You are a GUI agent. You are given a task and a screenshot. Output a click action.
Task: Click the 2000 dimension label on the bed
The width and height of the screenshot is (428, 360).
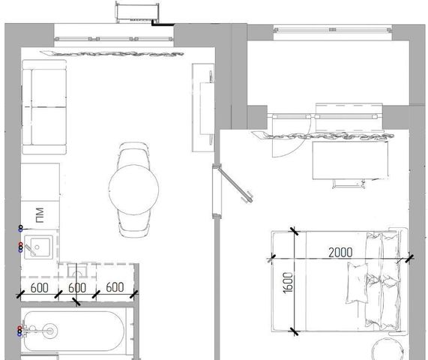pos(340,253)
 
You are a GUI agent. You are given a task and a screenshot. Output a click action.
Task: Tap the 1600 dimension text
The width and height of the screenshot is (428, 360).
pos(289,283)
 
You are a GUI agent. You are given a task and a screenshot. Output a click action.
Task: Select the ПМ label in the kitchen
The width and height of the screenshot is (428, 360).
pos(40,215)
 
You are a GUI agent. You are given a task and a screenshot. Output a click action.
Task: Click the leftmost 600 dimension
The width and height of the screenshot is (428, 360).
pos(39,288)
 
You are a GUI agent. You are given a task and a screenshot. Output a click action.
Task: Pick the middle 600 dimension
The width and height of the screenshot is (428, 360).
pos(77,288)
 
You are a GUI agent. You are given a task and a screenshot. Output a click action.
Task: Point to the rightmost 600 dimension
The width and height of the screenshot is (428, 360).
pos(115,287)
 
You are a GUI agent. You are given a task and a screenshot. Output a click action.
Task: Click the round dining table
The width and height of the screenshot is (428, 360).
pos(133,190)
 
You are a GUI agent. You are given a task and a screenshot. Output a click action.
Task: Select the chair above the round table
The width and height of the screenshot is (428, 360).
pos(133,154)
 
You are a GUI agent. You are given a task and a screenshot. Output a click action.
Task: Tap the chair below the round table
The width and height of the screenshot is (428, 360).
pos(134,224)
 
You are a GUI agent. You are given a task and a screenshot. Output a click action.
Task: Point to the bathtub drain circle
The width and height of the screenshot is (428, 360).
pos(50,331)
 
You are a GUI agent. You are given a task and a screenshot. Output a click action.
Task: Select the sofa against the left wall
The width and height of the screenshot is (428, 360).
pos(44,107)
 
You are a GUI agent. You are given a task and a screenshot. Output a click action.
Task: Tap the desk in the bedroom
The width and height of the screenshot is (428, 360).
pos(350,160)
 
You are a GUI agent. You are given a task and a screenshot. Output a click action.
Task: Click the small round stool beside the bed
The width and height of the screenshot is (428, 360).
pos(388,349)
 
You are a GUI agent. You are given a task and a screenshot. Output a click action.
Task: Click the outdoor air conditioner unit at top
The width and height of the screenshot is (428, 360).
pos(137,12)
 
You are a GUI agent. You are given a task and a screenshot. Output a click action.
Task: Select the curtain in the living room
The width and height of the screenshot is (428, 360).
pos(112,53)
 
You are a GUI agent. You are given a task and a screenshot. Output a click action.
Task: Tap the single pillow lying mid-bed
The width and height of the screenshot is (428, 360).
pos(357,283)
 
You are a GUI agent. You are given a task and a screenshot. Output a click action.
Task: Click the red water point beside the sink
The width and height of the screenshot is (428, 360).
pos(20,244)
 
